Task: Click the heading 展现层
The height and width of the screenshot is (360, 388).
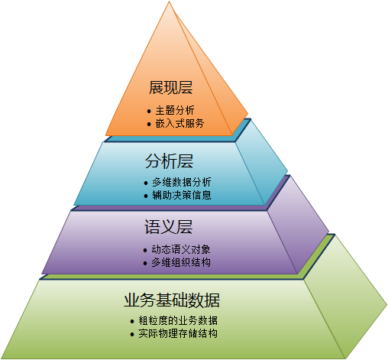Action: pyautogui.click(x=170, y=87)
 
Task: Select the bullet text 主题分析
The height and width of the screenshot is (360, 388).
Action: pyautogui.click(x=175, y=111)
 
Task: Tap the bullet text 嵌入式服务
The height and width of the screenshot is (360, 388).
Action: pyautogui.click(x=179, y=123)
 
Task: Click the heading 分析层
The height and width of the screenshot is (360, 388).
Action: pyautogui.click(x=169, y=161)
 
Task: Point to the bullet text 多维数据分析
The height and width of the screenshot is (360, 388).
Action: pyautogui.click(x=182, y=182)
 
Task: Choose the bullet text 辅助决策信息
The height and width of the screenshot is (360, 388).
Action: pyautogui.click(x=182, y=195)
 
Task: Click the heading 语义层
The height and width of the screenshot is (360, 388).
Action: pyautogui.click(x=168, y=227)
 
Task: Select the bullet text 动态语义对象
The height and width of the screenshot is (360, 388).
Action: pyautogui.click(x=181, y=249)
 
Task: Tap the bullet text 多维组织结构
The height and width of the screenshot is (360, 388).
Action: pyautogui.click(x=181, y=262)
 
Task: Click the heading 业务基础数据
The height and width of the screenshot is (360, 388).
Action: pyautogui.click(x=172, y=300)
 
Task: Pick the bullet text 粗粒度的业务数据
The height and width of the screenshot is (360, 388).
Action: pyautogui.click(x=178, y=320)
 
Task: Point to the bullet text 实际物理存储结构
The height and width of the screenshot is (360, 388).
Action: pyautogui.click(x=178, y=333)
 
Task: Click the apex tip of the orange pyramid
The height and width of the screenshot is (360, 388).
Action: pyautogui.click(x=169, y=2)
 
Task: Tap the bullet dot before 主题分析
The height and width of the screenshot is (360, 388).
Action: pyautogui.click(x=149, y=111)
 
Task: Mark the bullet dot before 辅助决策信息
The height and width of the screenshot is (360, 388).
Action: pyautogui.click(x=146, y=196)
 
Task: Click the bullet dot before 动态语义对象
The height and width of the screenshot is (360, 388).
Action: pyautogui.click(x=145, y=250)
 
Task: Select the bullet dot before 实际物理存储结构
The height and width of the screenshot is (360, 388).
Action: pyautogui.click(x=132, y=334)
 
